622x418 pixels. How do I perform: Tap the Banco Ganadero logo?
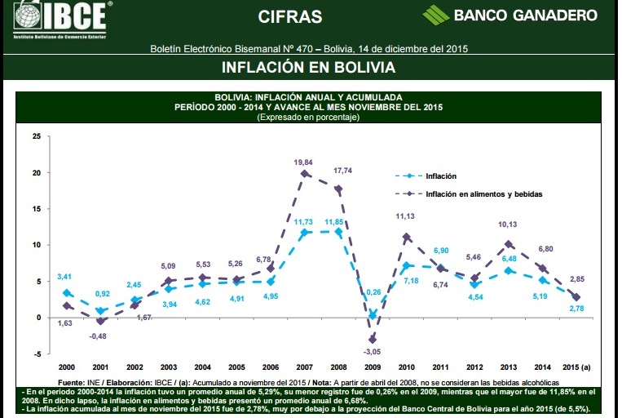coord(510,15)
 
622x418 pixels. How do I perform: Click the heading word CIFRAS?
coord(289,16)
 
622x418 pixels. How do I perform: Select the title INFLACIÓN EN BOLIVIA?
coord(309,67)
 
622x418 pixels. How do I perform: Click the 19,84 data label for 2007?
coord(303,162)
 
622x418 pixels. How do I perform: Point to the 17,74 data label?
coord(343,171)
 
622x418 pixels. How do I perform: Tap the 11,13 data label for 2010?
coord(406,216)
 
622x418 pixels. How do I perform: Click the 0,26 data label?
coord(375,292)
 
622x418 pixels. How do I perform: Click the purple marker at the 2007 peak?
coord(304,174)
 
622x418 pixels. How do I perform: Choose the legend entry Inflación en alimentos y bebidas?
coord(483,194)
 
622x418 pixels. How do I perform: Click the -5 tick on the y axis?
coord(36,354)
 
